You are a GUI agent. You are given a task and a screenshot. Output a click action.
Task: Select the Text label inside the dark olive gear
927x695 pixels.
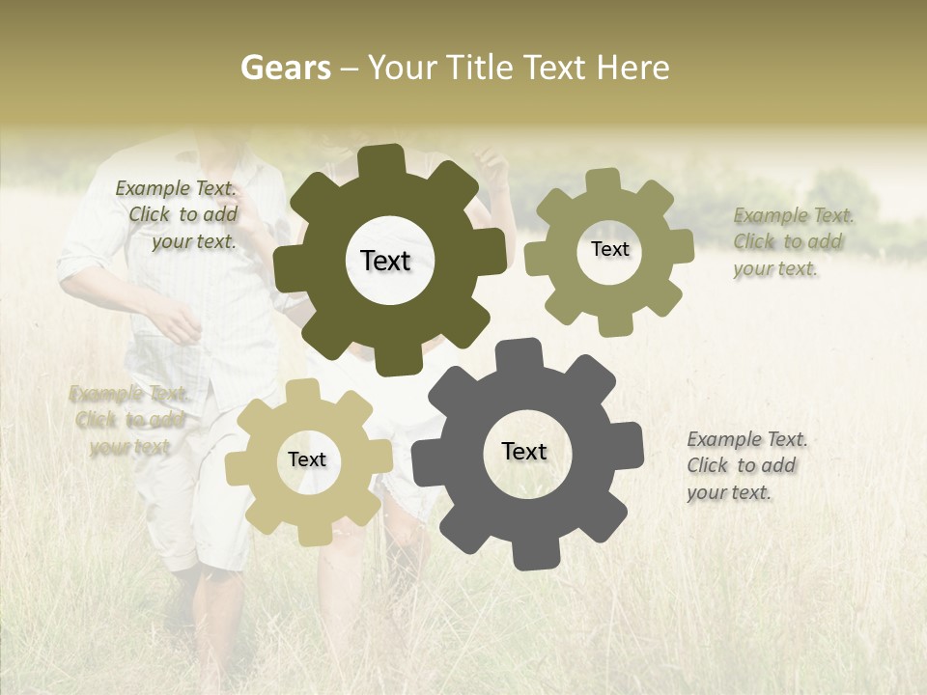point(386,261)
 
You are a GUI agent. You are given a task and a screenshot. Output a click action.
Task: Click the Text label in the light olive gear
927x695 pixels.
point(609,249)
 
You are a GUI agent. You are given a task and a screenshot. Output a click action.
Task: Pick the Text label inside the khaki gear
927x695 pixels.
point(307,459)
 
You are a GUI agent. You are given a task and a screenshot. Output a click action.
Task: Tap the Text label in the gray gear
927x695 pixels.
point(524,451)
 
